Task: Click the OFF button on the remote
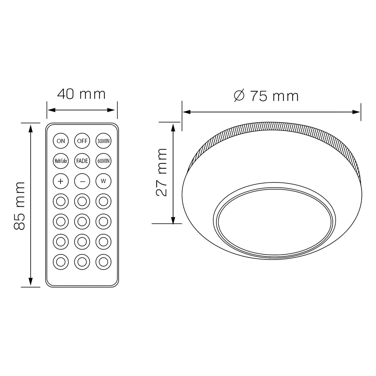pos(82,141)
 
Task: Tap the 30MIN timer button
pos(103,141)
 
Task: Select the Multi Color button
pos(61,161)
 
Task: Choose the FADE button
pos(82,161)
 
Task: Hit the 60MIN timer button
pos(103,161)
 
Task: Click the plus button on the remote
pos(61,181)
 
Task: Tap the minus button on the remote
pos(82,181)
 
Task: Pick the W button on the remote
pos(103,181)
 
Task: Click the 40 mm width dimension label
pos(81,94)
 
